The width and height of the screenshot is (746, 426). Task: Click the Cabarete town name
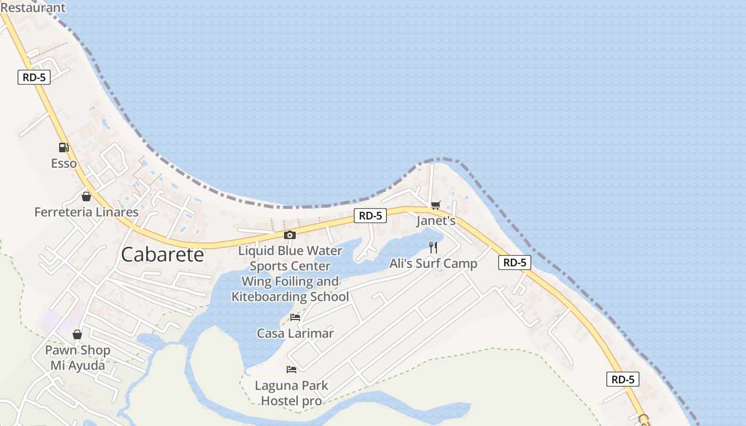[x=163, y=255]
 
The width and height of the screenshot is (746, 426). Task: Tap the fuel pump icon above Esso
[x=63, y=148]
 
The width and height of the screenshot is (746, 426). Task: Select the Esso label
[x=64, y=163]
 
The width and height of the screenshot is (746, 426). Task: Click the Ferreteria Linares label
[x=86, y=212]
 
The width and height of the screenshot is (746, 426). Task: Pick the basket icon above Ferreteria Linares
[x=86, y=196]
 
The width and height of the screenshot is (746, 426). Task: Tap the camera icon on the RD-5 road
[x=290, y=235]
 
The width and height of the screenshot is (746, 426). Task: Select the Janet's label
[x=436, y=220]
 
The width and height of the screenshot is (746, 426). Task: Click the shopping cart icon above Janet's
[x=436, y=205]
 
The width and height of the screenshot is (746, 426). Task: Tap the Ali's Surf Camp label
[x=433, y=264]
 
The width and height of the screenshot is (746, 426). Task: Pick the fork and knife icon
[x=433, y=248]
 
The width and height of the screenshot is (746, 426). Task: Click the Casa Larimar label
[x=295, y=333]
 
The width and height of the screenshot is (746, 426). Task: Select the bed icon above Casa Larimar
[x=295, y=317]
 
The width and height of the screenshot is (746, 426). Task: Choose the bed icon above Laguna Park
[x=291, y=369]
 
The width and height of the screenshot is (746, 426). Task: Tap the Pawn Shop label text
[x=78, y=350]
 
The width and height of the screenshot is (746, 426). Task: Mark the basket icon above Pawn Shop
[x=77, y=334]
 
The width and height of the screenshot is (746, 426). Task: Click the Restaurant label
[x=33, y=7]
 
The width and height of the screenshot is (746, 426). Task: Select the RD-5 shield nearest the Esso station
[x=34, y=77]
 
